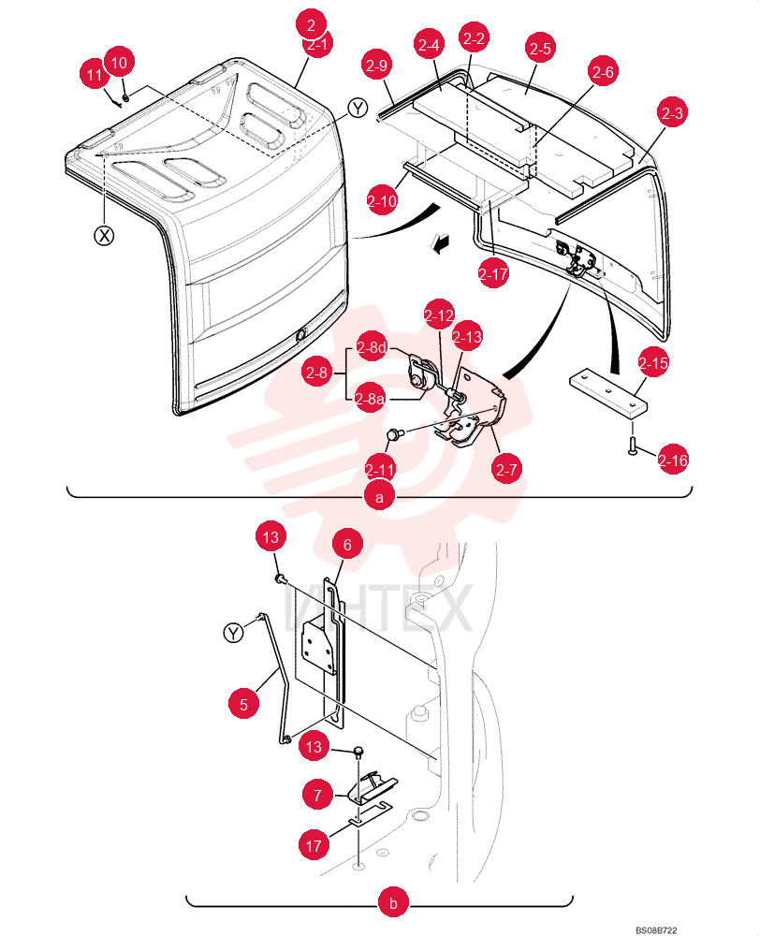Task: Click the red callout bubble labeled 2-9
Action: pos(376,66)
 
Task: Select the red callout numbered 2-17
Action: pos(493,273)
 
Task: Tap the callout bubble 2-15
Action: pos(653,362)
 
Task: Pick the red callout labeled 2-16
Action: pos(673,461)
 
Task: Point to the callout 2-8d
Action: pos(371,347)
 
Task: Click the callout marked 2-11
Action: pos(380,470)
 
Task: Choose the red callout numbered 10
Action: pos(120,62)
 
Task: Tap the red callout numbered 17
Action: pos(314,844)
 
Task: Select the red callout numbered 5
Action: pos(243,704)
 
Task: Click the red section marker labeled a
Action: pos(380,496)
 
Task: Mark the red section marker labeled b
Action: pos(393,902)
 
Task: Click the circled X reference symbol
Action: pos(105,236)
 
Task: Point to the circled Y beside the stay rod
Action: pos(233,632)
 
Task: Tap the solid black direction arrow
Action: pos(441,243)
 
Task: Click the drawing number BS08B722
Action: pos(656,930)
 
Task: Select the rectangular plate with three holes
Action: pos(608,392)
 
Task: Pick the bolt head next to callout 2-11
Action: pos(394,433)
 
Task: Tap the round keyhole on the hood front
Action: pos(300,335)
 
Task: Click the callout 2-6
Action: pos(603,72)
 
